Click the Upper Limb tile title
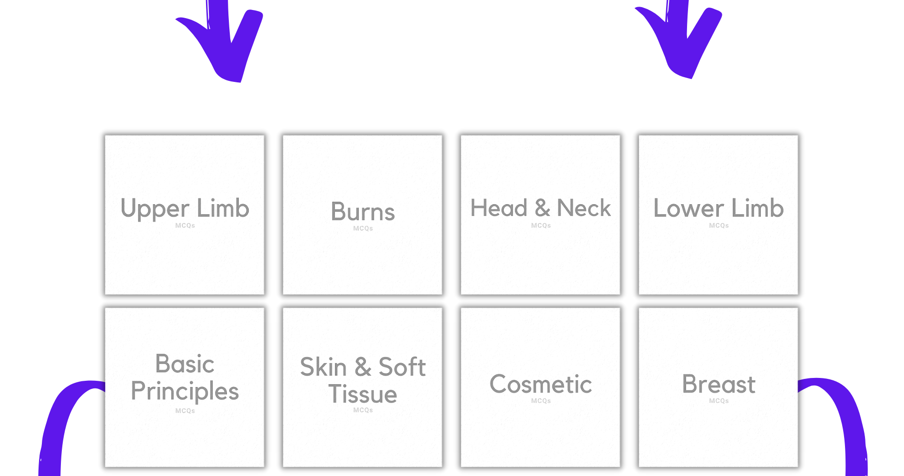point(185,208)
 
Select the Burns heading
point(363,211)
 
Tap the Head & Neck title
point(540,208)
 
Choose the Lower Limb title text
point(718,208)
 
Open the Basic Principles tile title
point(185,378)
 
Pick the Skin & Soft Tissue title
point(363,380)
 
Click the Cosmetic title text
point(540,384)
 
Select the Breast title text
point(718,384)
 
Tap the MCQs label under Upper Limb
point(185,226)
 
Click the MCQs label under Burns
point(363,228)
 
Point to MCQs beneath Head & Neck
point(541,226)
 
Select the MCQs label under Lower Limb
point(719,226)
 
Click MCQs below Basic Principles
point(185,411)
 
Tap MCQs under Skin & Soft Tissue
point(363,410)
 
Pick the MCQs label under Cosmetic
point(541,401)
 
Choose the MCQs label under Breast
point(719,401)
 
